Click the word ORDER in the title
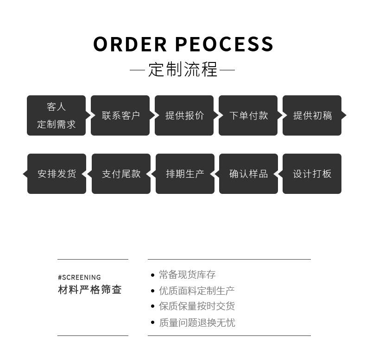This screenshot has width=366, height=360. (x=130, y=44)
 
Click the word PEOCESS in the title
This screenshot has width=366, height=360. (x=225, y=44)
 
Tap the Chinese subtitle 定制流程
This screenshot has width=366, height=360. (x=183, y=70)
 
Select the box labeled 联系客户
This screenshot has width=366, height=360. (x=120, y=115)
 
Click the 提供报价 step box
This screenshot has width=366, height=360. (x=184, y=115)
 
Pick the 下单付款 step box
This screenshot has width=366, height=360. (x=248, y=115)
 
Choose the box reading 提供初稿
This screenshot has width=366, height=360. (x=312, y=115)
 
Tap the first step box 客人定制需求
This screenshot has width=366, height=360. (x=56, y=115)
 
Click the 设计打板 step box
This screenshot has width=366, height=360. (x=312, y=174)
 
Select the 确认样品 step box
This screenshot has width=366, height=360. (x=249, y=174)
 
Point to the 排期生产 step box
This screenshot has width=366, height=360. (x=185, y=174)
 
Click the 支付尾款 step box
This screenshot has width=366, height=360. (x=121, y=174)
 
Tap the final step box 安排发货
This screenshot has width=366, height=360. (x=57, y=174)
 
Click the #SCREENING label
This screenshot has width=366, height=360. (x=79, y=278)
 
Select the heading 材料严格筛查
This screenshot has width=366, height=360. (x=90, y=290)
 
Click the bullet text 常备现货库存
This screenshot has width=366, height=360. (x=187, y=275)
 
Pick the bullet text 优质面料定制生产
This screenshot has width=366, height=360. (x=196, y=291)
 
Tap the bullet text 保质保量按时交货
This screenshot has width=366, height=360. (x=196, y=306)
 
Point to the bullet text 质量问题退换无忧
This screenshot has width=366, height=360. (x=196, y=323)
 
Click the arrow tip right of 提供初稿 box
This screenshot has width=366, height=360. (x=344, y=115)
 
